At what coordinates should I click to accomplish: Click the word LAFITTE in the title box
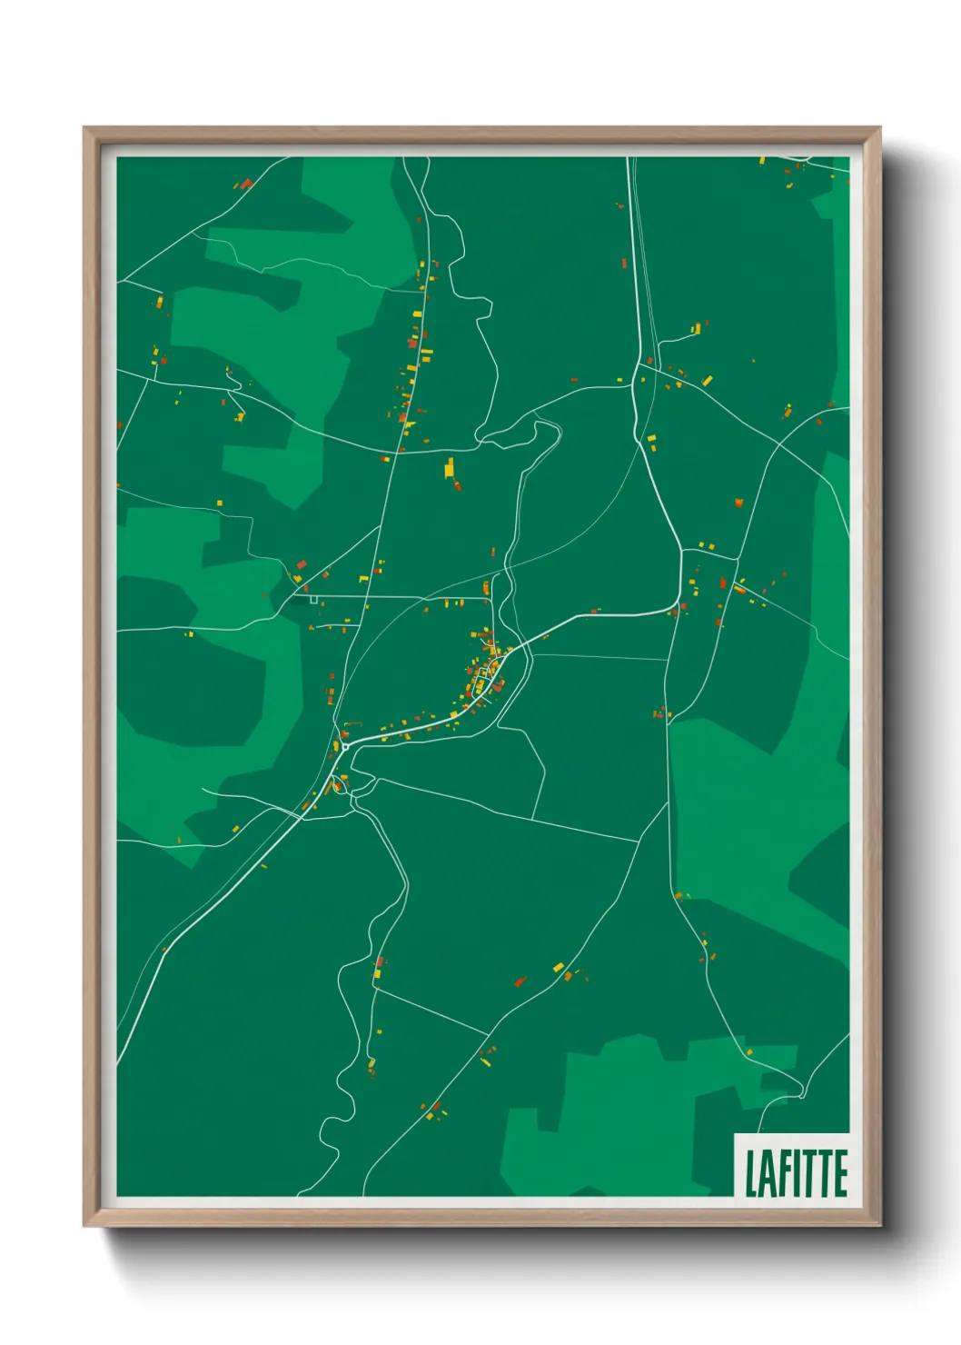pos(796,1172)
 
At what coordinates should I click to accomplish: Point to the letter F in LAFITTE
pos(783,1173)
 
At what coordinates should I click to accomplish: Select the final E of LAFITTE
pos(840,1173)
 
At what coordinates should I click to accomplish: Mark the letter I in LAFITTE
pos(796,1173)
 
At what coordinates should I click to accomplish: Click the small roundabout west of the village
pos(345,746)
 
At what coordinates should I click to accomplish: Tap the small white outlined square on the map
pos(313,599)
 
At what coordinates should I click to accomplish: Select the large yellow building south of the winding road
pos(449,468)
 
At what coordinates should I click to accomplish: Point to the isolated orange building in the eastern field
pos(738,502)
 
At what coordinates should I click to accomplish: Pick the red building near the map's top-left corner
pos(246,184)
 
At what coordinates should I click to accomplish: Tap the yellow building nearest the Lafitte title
pos(750,1052)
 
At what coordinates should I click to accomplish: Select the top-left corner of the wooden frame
pos(85,129)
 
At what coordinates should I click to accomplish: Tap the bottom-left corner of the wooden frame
pos(85,1225)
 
